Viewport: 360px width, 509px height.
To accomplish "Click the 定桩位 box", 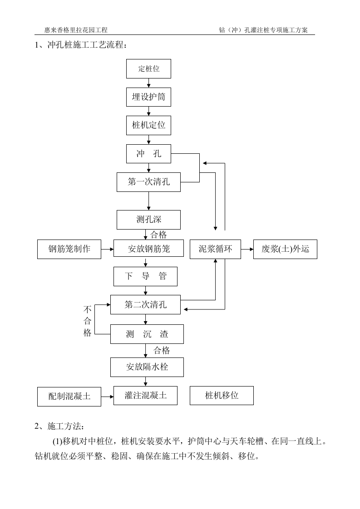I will click(x=149, y=69).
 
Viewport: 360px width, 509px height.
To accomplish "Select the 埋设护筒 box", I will click(x=149, y=97).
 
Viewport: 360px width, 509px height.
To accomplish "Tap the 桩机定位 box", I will click(x=149, y=125).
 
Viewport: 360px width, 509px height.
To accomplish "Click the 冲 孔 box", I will click(x=149, y=154).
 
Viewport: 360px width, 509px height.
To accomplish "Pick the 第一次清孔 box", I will click(x=149, y=182).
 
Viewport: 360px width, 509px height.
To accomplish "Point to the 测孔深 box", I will click(x=149, y=220).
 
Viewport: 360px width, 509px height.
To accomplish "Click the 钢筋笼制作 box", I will click(x=69, y=249).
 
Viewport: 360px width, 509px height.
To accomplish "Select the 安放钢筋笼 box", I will click(x=149, y=249).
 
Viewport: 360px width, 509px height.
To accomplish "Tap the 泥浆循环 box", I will click(x=215, y=249).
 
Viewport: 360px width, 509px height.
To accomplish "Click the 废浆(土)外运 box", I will click(x=285, y=249).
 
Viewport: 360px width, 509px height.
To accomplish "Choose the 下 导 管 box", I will click(x=145, y=276).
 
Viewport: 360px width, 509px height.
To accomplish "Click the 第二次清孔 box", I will click(x=145, y=304).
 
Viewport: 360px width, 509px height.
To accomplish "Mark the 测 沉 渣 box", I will click(x=147, y=334).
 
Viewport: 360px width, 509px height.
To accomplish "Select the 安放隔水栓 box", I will click(x=147, y=367).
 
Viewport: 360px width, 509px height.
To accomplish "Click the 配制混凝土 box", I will click(x=69, y=396).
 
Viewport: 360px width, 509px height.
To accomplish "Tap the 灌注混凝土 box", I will click(x=145, y=396).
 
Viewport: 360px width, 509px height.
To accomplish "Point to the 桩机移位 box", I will click(x=222, y=396).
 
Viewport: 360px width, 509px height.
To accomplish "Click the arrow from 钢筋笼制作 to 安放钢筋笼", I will click(x=107, y=249).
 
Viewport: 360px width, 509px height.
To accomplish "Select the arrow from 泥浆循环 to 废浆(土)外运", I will click(x=247, y=249).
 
